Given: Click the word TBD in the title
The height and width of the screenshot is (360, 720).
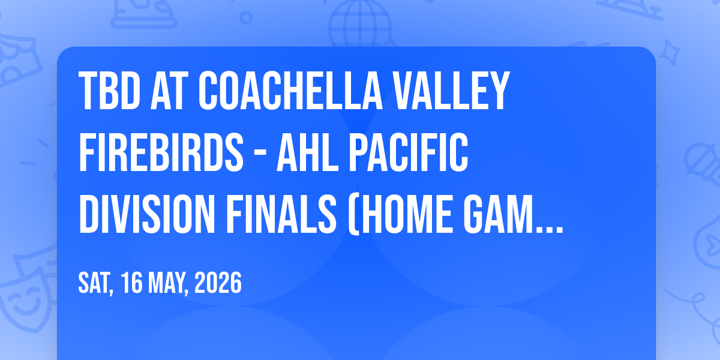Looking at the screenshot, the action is [x=110, y=91].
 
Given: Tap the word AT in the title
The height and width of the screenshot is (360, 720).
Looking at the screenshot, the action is [x=169, y=91].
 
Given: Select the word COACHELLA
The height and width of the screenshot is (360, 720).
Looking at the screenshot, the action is [x=290, y=91].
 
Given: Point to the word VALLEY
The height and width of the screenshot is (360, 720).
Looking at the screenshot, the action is [x=451, y=91].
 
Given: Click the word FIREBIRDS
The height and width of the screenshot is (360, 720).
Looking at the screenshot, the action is [x=161, y=152].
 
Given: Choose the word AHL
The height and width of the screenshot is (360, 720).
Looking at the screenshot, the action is [x=308, y=152].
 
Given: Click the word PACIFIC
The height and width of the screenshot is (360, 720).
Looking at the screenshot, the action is [x=408, y=152].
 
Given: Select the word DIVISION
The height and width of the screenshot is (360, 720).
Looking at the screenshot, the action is [x=147, y=214].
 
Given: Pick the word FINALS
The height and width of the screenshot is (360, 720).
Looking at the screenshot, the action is [x=281, y=214].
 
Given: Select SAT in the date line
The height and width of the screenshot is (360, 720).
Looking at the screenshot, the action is [x=95, y=283].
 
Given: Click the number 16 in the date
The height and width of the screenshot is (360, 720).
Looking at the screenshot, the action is [x=131, y=282].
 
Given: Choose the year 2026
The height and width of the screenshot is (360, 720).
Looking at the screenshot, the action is [x=218, y=282].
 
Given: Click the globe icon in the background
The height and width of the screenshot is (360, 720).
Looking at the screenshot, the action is [x=360, y=23].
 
